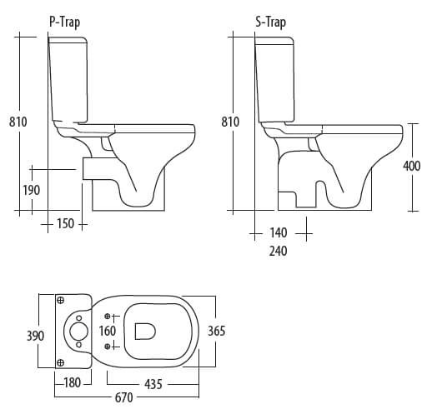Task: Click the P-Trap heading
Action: click(66, 22)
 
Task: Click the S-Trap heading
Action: click(270, 22)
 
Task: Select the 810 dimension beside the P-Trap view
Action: click(18, 122)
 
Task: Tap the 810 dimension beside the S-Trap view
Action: click(230, 122)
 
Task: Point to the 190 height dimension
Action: click(30, 190)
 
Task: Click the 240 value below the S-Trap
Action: click(278, 251)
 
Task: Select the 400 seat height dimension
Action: click(411, 166)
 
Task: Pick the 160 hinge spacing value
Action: click(108, 331)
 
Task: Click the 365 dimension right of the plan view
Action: click(216, 331)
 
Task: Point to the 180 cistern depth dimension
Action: click(73, 383)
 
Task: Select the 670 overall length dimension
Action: click(123, 398)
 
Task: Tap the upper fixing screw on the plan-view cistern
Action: click(61, 300)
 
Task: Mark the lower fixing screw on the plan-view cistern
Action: click(61, 362)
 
